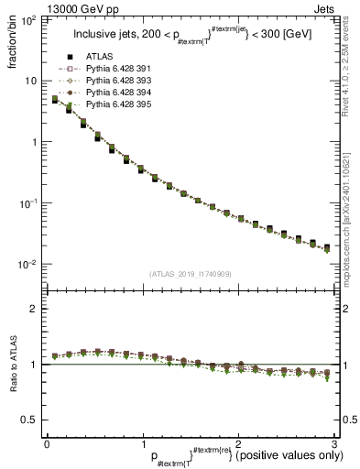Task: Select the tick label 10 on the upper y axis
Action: [32, 81]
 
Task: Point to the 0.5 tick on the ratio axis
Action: [30, 420]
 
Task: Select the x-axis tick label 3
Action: [334, 443]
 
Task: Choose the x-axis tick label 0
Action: [47, 443]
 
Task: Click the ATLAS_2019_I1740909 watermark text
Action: [191, 274]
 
